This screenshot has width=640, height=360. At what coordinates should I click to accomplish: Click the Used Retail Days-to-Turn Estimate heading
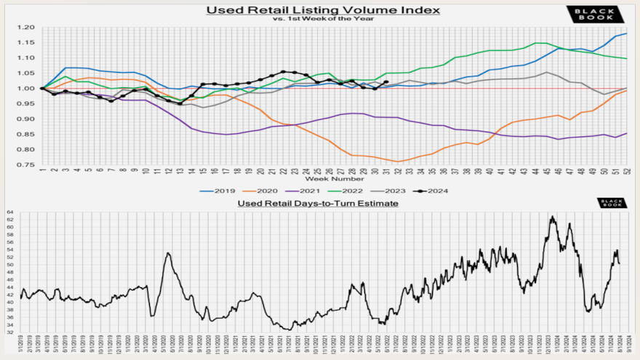click(x=319, y=203)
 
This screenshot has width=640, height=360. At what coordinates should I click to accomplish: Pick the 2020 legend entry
click(x=267, y=191)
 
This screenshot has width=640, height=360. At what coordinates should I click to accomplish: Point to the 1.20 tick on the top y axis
click(x=27, y=27)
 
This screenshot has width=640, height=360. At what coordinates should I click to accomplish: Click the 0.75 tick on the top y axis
click(x=27, y=165)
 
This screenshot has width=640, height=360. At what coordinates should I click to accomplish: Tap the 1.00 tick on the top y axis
click(x=27, y=89)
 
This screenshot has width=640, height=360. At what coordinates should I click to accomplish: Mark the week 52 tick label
click(x=626, y=171)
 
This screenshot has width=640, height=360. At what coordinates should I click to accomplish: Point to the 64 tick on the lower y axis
click(x=11, y=213)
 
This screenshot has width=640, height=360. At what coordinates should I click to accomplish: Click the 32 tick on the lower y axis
click(x=11, y=332)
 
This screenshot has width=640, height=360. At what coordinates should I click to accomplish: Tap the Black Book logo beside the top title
click(x=594, y=14)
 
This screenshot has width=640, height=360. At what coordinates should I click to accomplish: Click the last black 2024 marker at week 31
click(x=385, y=82)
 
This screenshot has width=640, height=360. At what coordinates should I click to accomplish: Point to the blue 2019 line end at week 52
click(x=626, y=33)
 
